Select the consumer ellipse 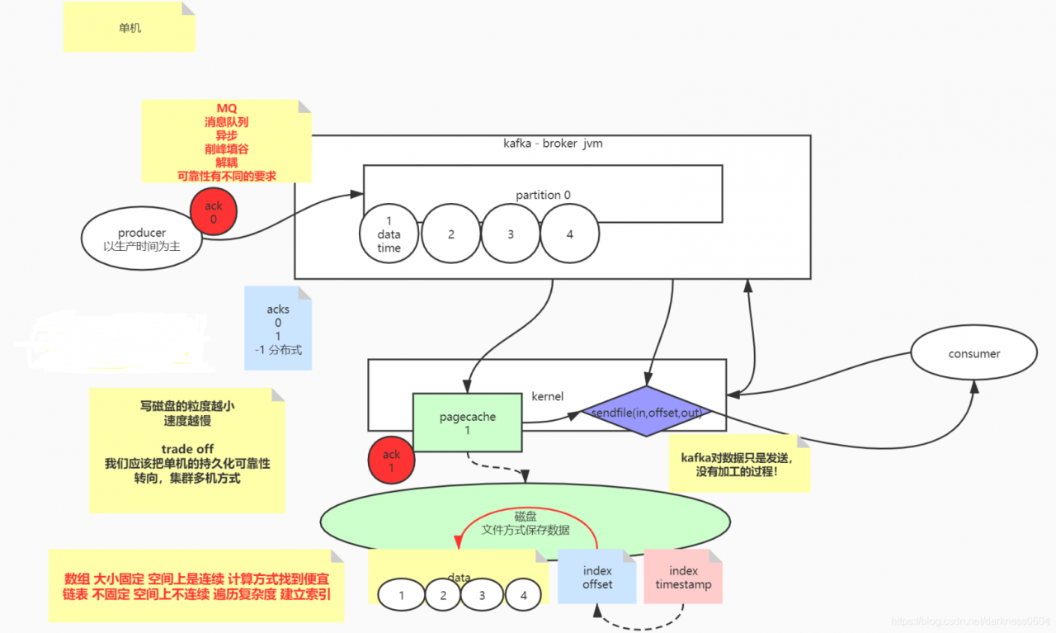(x=973, y=353)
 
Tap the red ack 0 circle (x=214, y=212)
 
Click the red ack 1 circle (x=391, y=461)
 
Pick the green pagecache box (x=467, y=423)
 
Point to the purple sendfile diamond (x=646, y=412)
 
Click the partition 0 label (x=543, y=195)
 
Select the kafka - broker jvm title (x=553, y=144)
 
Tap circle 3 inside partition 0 (x=511, y=234)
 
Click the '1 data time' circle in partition (x=389, y=234)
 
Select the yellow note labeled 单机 (x=130, y=27)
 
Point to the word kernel (x=547, y=396)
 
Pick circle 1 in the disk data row (x=401, y=595)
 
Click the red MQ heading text (x=226, y=108)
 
